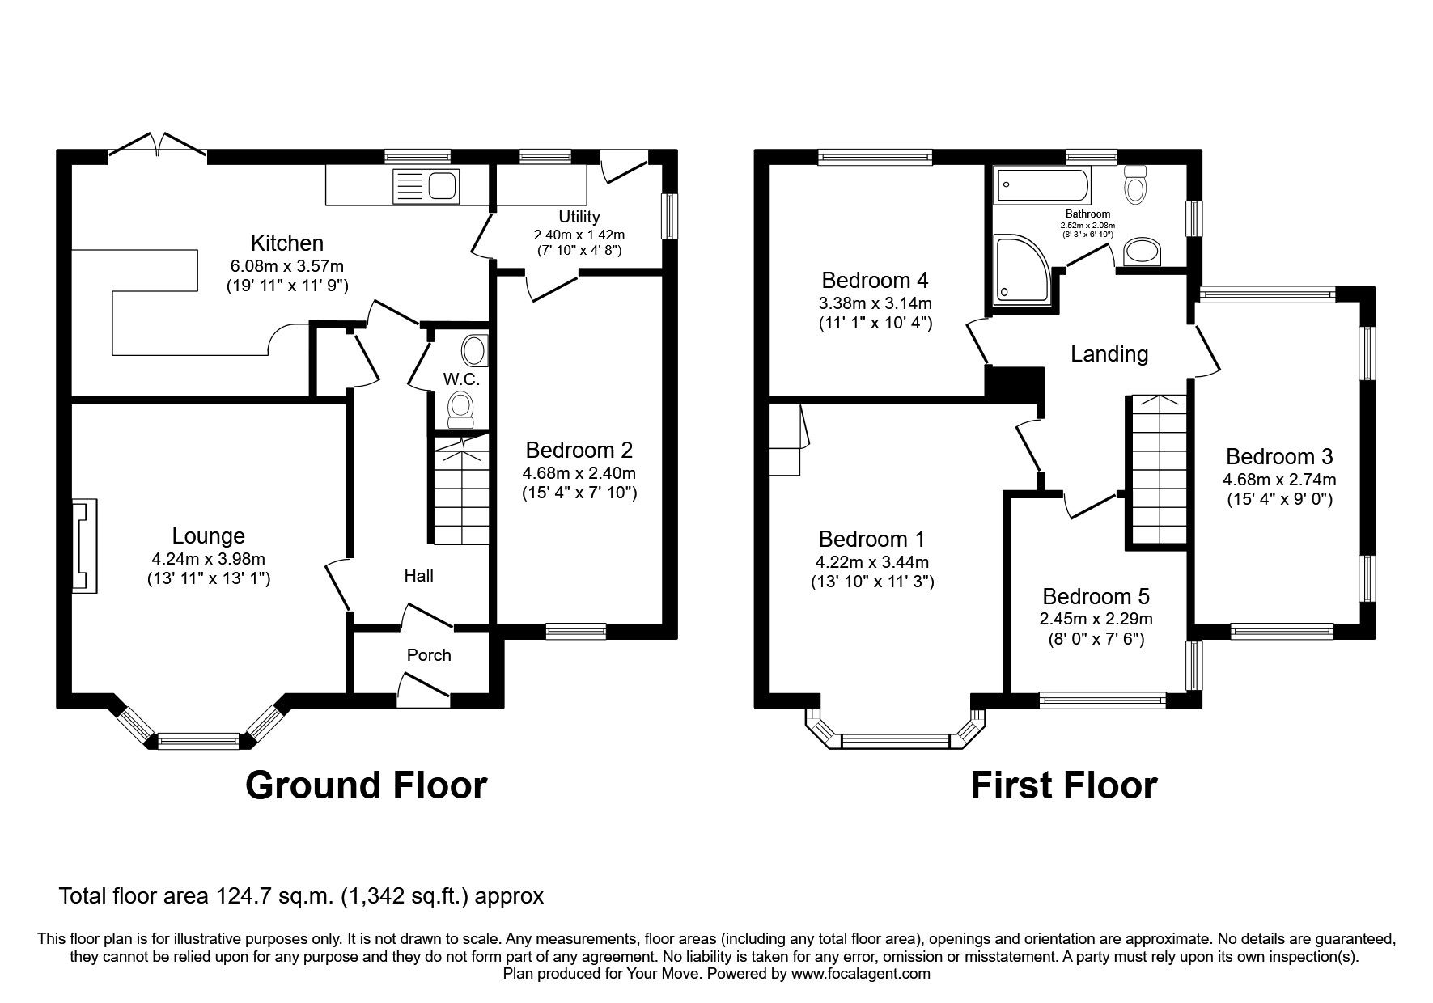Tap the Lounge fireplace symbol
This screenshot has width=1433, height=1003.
coord(84,547)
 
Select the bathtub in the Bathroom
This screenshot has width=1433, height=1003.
coord(1044,184)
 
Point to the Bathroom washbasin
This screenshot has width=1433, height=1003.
coord(1142,252)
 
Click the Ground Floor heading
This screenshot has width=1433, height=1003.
coord(366,785)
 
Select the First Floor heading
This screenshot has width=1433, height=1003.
coord(1063,785)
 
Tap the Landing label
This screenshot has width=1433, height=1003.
coord(1109,353)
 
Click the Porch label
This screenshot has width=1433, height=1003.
coord(429,655)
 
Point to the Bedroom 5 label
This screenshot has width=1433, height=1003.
coord(1096,597)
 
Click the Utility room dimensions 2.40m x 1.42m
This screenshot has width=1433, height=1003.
coord(579,235)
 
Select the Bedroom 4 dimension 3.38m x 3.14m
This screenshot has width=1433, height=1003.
coord(875,304)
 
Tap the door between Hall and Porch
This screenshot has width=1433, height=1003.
coord(427,616)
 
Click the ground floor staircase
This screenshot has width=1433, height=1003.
coord(459,493)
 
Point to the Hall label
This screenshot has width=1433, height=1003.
coord(418,576)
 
